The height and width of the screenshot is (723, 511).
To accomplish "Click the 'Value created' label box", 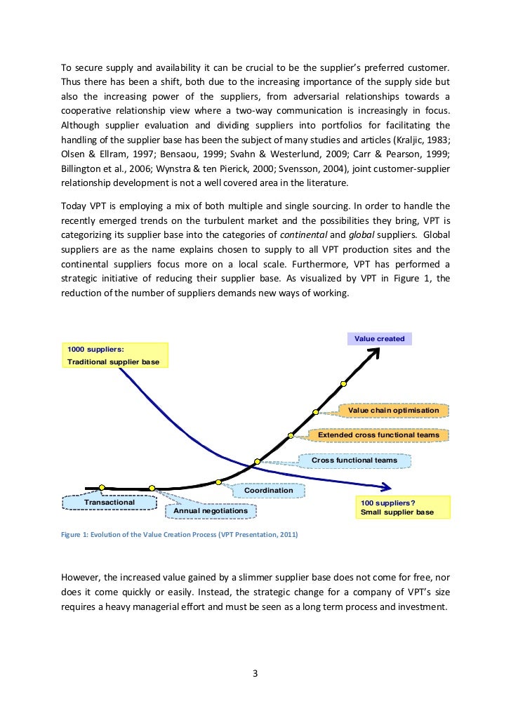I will [x=379, y=338].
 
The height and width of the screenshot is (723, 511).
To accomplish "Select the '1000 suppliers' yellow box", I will [x=115, y=355].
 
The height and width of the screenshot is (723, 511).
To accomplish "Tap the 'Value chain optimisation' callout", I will [x=394, y=410].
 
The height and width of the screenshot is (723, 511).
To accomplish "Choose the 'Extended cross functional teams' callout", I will [x=378, y=435].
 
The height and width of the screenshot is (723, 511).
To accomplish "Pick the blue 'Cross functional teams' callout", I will [x=354, y=460].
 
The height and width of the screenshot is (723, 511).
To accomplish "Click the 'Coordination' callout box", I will [x=269, y=490].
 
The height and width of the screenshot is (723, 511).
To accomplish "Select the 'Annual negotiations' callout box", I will [x=210, y=510].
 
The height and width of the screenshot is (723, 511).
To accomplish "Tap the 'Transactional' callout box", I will [x=109, y=502].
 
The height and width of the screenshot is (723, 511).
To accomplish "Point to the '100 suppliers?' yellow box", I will [x=402, y=508].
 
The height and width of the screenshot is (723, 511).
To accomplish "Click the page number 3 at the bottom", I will [x=255, y=675].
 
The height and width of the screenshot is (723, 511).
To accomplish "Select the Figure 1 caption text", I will [x=179, y=535].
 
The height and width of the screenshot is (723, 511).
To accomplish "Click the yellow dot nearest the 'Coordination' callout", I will [x=219, y=482].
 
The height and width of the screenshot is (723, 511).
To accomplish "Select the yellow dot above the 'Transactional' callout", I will [x=102, y=486].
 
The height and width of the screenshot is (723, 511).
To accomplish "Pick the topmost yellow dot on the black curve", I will [x=344, y=383].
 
